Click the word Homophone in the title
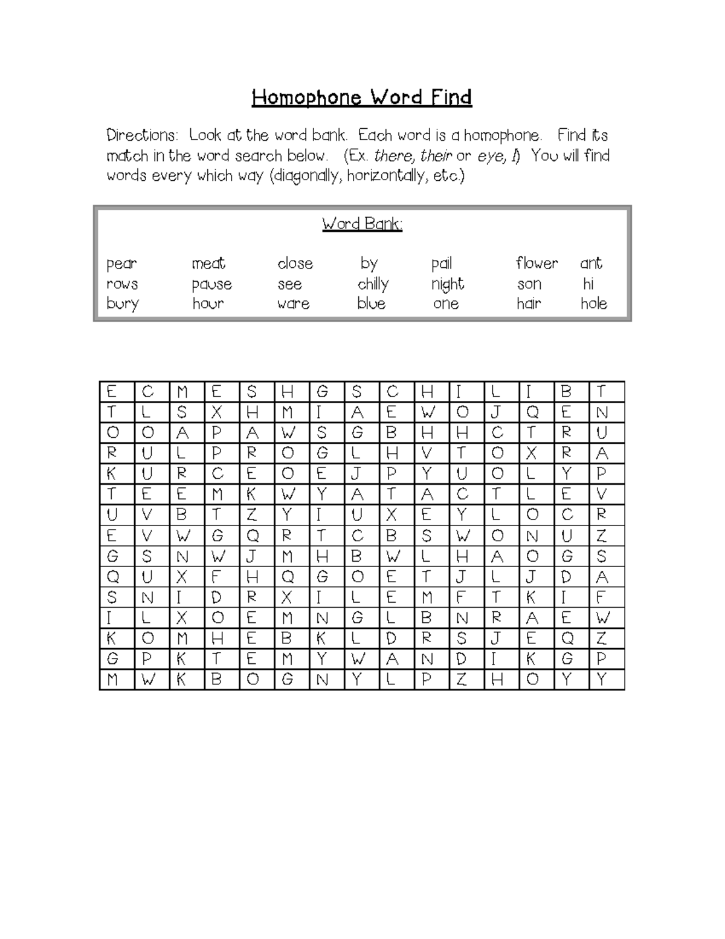coord(306,97)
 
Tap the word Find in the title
coord(451,97)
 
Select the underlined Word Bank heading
coord(362,224)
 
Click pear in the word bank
coord(121,264)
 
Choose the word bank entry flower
coord(536,263)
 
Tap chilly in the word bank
coord(373,284)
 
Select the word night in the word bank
coord(447,284)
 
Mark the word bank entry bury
coord(123,304)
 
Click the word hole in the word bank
coord(593,304)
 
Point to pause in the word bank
coord(211,285)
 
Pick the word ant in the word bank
coord(591,263)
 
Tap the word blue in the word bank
coord(371,304)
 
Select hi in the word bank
coord(588,284)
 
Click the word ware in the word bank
coord(294,304)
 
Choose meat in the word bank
coord(208,264)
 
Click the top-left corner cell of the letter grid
coord(112,392)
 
